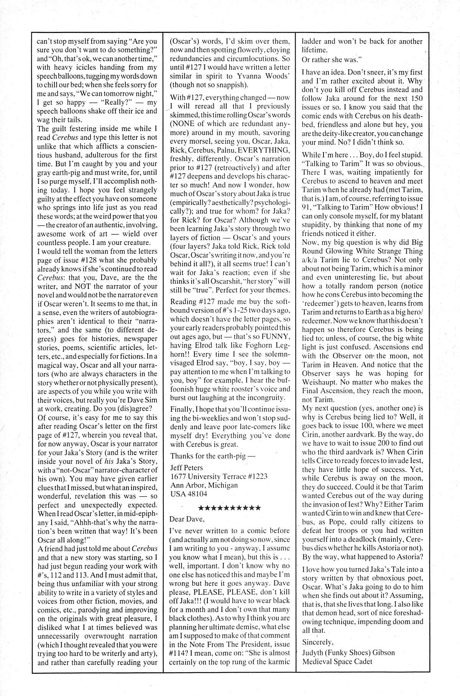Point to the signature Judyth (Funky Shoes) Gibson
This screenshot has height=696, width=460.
pyautogui.click(x=348, y=652)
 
